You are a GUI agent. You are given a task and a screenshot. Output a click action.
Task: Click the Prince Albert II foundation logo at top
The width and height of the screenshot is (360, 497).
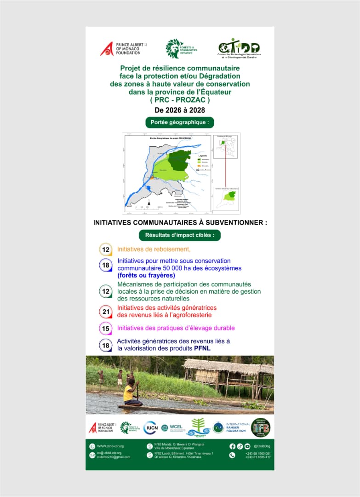(x=120, y=49)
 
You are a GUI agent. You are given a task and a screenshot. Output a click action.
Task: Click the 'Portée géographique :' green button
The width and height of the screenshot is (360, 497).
(x=180, y=122)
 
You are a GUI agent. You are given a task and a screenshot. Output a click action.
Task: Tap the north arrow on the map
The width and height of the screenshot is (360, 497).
(x=149, y=203)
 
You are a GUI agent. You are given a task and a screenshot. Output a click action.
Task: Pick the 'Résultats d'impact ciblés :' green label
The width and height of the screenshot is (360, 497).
(x=180, y=235)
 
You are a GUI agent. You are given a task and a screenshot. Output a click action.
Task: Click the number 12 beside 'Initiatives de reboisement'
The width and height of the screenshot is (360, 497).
(x=106, y=249)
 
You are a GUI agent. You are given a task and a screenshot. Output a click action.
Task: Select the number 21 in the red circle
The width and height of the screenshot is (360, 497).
(x=106, y=312)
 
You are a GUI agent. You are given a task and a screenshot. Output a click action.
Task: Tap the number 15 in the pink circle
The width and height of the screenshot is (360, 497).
(x=106, y=328)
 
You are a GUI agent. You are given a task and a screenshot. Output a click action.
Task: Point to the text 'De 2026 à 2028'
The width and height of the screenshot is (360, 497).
(x=180, y=110)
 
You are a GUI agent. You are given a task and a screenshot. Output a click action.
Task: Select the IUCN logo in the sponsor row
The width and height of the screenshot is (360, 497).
(x=151, y=428)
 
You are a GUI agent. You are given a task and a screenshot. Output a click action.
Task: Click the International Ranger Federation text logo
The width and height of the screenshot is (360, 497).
(x=237, y=428)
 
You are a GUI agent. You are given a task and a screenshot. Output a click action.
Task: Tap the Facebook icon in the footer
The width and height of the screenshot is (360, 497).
(x=232, y=446)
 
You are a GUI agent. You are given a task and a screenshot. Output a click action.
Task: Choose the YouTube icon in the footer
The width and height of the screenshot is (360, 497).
(x=247, y=446)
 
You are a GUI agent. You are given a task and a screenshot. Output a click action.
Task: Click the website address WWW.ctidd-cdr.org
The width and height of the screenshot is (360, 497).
(x=110, y=446)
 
